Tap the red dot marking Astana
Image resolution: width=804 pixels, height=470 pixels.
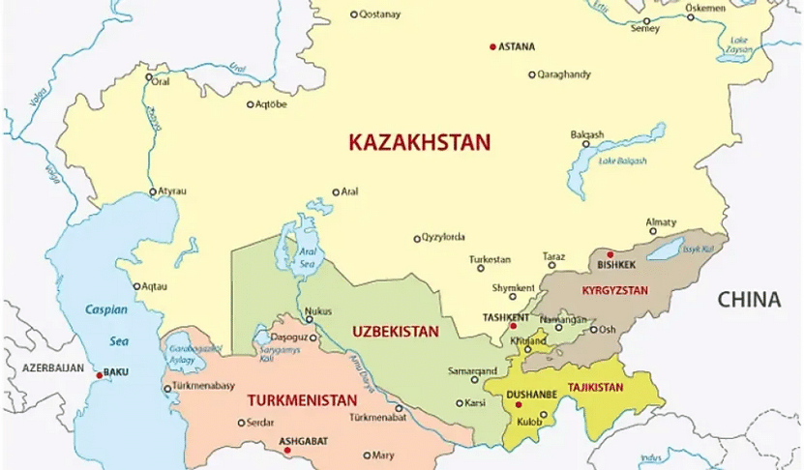[x=492, y=46]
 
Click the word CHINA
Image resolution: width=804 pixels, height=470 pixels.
[x=748, y=300]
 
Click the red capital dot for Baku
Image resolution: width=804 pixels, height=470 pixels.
[x=99, y=372]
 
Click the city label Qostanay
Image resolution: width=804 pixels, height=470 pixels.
[x=379, y=15]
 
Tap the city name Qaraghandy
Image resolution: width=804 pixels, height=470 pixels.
[x=565, y=74]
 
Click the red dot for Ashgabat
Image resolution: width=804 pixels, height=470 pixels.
[x=286, y=450]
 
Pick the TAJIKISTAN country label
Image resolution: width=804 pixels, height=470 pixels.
[x=595, y=387]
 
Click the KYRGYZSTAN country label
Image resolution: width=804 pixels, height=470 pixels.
[x=614, y=290]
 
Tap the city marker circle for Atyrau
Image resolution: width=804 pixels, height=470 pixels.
[x=152, y=191]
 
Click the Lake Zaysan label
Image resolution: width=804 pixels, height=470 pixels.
[x=739, y=45]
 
